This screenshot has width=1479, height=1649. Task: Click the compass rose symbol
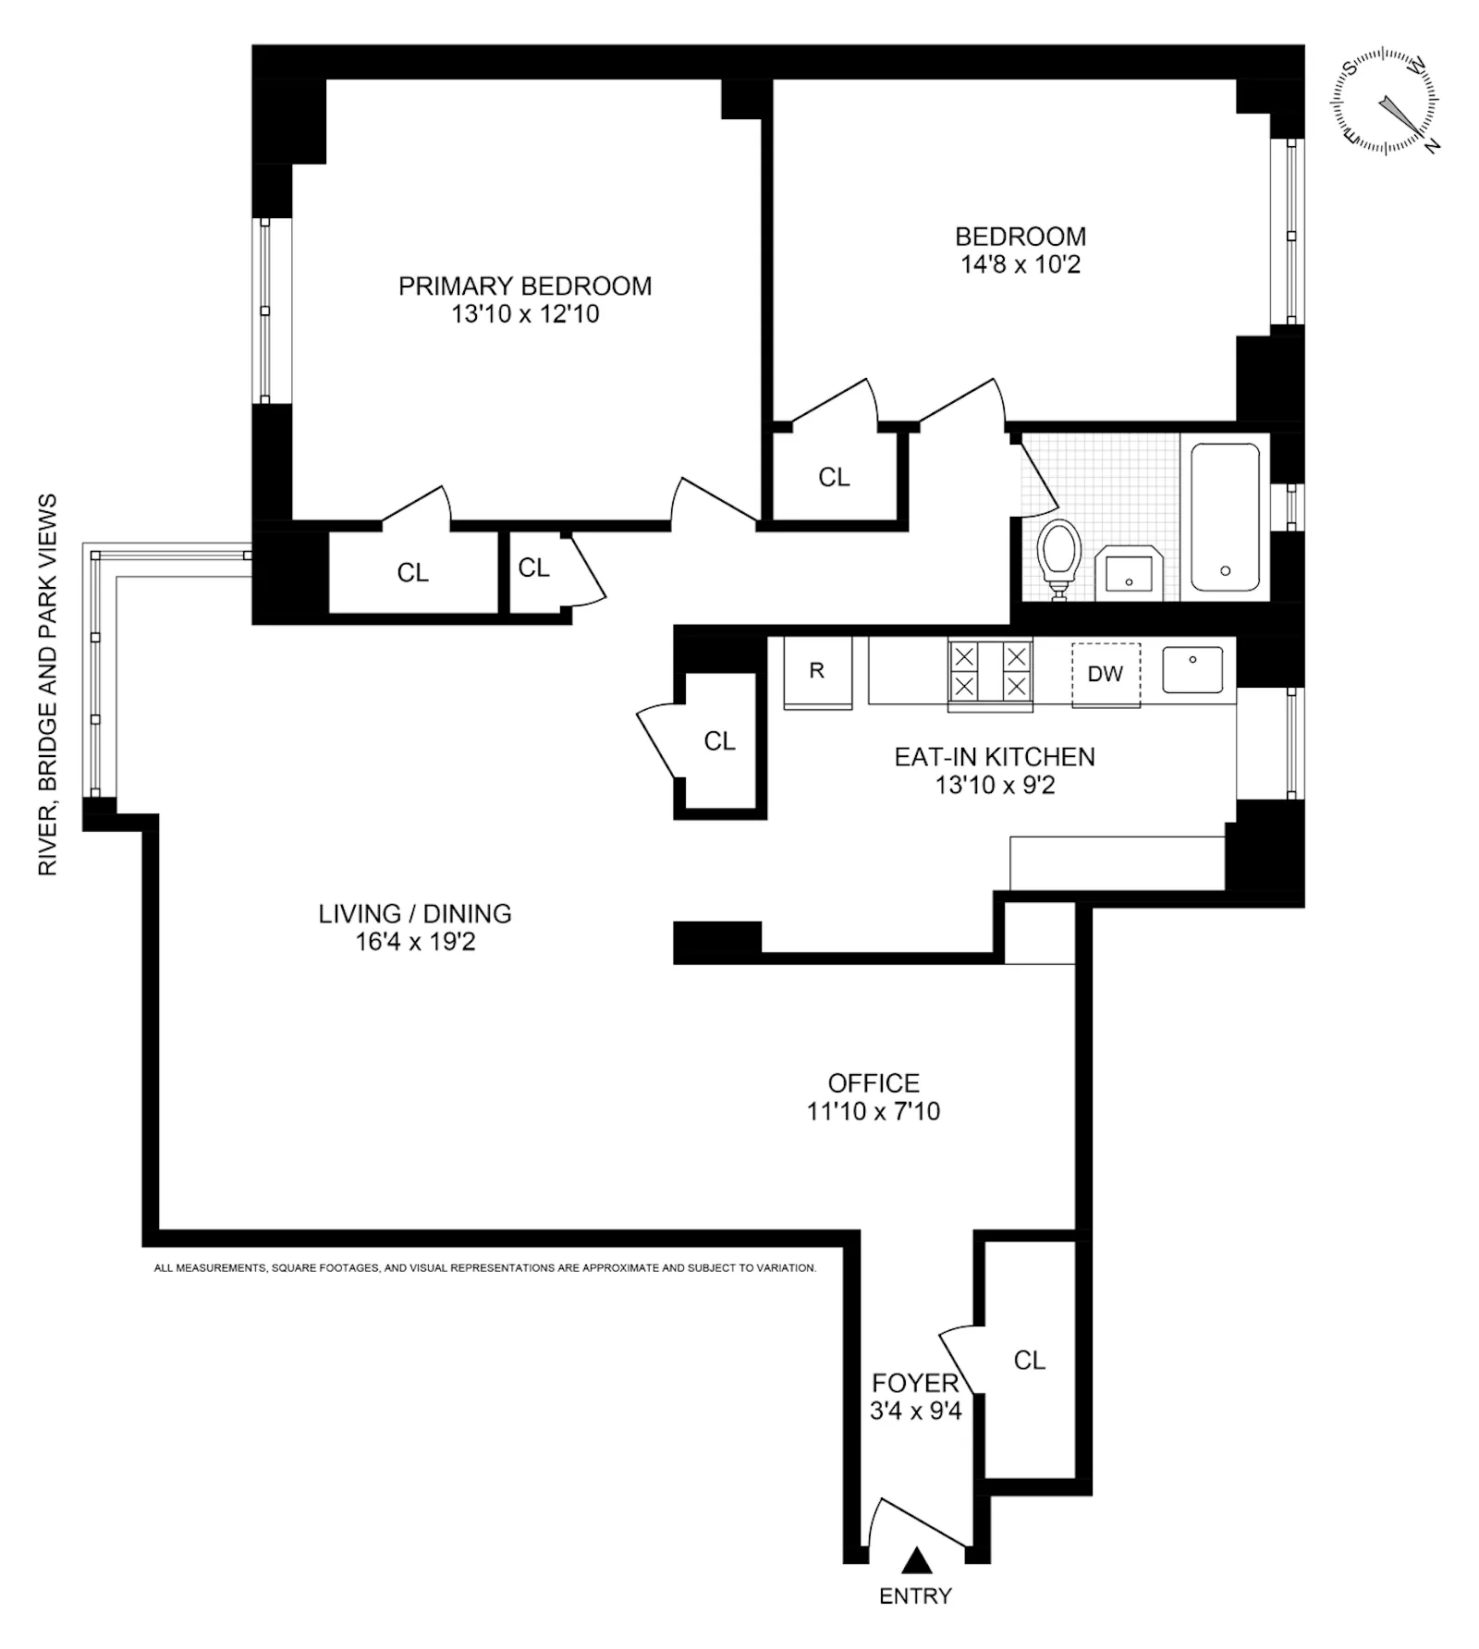click(1385, 102)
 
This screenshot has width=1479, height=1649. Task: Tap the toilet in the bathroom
click(1059, 555)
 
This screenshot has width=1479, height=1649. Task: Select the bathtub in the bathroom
click(1225, 518)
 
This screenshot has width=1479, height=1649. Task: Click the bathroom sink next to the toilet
click(1129, 572)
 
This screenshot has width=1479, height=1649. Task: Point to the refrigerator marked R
click(817, 672)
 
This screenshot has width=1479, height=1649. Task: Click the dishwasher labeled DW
click(1106, 675)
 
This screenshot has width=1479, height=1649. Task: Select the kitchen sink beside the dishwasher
click(1192, 669)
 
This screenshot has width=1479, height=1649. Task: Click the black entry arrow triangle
click(916, 1561)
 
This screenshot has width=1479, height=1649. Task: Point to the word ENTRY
click(915, 1596)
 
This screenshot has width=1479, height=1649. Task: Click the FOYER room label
click(915, 1384)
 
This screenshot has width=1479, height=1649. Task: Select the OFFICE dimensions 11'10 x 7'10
click(874, 1111)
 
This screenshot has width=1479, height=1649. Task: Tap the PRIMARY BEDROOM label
click(525, 287)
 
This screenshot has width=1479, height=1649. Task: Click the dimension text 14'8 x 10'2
click(1021, 265)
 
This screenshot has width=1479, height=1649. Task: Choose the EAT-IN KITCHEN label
click(995, 757)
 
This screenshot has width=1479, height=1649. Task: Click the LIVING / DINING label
click(415, 914)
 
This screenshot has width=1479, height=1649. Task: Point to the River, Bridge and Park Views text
click(47, 684)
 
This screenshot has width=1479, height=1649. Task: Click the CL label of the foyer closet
click(1029, 1361)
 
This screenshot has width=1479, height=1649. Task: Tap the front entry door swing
click(920, 1523)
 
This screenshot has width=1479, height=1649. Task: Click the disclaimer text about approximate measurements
click(485, 1268)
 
